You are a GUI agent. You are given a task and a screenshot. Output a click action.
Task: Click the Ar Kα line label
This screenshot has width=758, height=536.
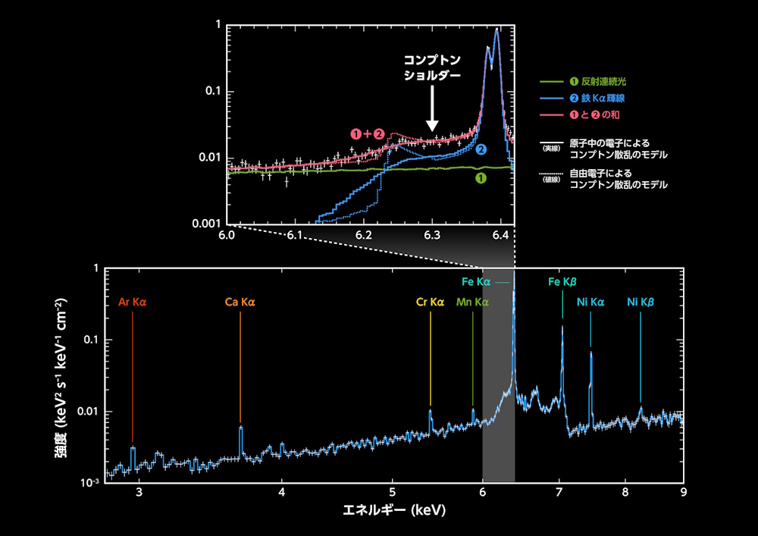[132, 302]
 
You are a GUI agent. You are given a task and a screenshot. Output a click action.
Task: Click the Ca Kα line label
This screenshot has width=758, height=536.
[240, 302]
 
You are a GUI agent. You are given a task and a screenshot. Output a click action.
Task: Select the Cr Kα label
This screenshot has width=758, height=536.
[430, 302]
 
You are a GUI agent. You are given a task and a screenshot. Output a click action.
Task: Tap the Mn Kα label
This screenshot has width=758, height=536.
[472, 302]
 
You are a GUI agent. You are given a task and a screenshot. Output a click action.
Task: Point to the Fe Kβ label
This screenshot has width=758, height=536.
[563, 282]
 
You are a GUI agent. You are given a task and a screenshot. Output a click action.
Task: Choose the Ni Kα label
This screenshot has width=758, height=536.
[590, 302]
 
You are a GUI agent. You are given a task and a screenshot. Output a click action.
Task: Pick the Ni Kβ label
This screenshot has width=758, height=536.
[641, 302]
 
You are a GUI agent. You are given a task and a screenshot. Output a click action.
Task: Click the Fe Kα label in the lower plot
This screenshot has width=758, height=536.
[477, 282]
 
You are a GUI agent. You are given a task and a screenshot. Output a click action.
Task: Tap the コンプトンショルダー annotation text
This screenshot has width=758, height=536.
[432, 67]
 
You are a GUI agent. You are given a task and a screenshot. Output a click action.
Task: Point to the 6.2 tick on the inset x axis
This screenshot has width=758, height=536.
[364, 236]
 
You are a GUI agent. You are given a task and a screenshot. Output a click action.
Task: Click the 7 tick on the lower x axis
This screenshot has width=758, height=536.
[559, 492]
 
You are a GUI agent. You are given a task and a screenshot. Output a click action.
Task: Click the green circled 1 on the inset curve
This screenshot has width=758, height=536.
[479, 178]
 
